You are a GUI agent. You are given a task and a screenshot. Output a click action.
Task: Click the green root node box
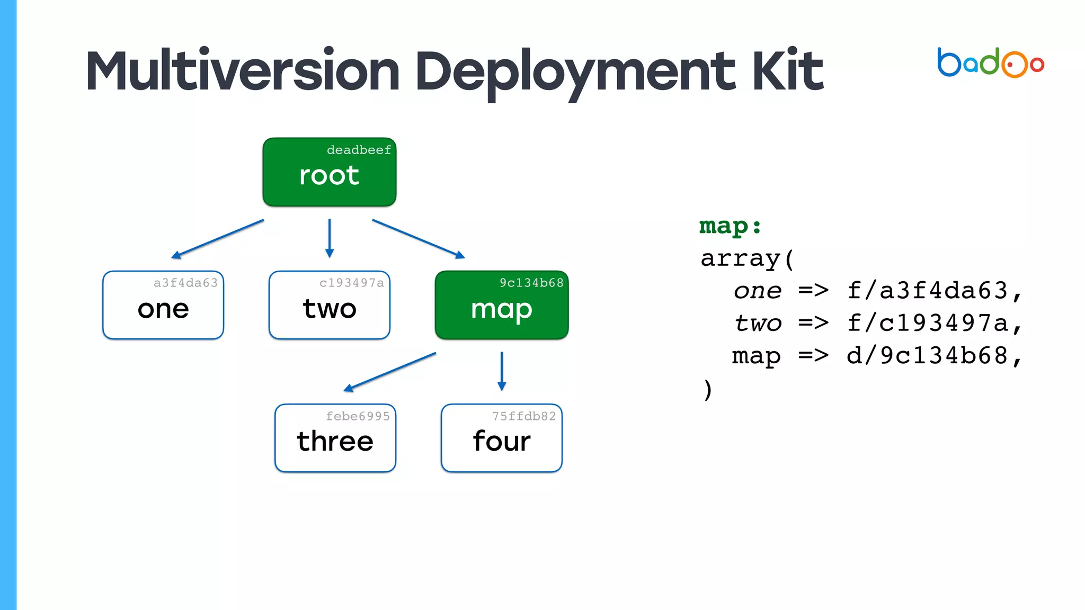click(x=329, y=173)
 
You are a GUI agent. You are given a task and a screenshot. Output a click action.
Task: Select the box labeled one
click(x=163, y=306)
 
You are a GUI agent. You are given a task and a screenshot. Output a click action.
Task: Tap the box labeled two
click(x=329, y=306)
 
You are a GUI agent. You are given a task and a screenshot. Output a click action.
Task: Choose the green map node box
click(x=501, y=306)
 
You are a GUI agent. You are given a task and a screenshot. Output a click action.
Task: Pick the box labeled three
click(x=335, y=438)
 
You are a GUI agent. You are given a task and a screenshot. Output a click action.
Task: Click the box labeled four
click(x=501, y=438)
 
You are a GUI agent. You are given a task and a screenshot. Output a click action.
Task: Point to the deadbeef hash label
click(x=359, y=150)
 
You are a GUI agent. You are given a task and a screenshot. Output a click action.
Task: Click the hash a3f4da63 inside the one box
click(x=185, y=283)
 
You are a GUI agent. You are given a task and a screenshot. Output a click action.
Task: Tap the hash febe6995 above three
click(x=358, y=416)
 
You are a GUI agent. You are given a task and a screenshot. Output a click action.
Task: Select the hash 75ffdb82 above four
click(x=524, y=416)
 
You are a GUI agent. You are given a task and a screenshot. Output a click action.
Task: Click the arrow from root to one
click(x=217, y=239)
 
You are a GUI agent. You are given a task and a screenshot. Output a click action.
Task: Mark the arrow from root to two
click(x=330, y=238)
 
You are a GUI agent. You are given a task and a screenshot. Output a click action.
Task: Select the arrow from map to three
click(x=389, y=372)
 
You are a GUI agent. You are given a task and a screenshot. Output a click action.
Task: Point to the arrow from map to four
click(x=502, y=371)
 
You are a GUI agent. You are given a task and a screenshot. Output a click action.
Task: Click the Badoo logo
click(x=990, y=63)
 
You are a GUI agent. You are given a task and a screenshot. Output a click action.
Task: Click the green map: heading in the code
click(x=730, y=226)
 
